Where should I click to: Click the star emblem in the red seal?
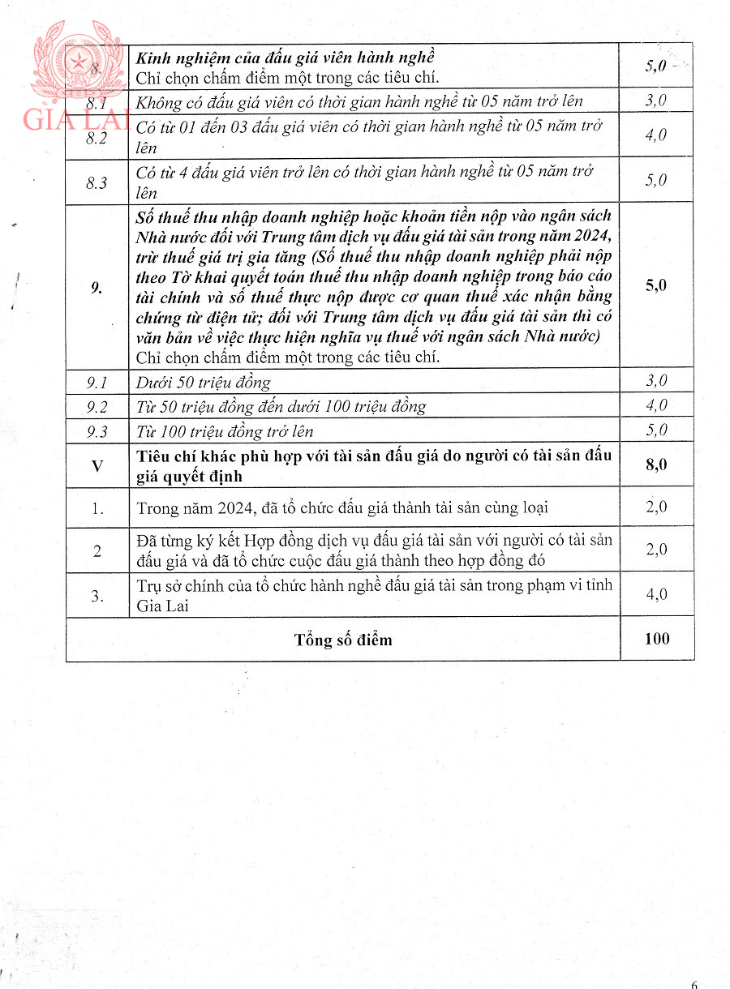(x=79, y=62)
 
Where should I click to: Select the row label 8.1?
(x=97, y=102)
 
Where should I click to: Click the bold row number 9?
(x=97, y=286)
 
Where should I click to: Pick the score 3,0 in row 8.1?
(x=656, y=101)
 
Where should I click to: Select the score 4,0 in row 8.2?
(x=656, y=135)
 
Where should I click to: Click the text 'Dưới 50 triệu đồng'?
(x=204, y=382)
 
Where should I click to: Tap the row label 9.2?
(x=97, y=406)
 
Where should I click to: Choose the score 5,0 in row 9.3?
(x=656, y=430)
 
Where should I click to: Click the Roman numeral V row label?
(x=97, y=465)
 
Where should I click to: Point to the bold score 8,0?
(x=656, y=465)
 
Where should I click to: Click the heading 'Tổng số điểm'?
(x=343, y=640)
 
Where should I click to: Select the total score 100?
(x=656, y=639)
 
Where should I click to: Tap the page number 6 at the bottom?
(x=694, y=984)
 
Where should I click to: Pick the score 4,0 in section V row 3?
(x=656, y=594)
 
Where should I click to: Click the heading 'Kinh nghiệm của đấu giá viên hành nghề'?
(x=286, y=58)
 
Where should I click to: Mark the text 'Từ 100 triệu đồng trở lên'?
(x=225, y=431)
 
